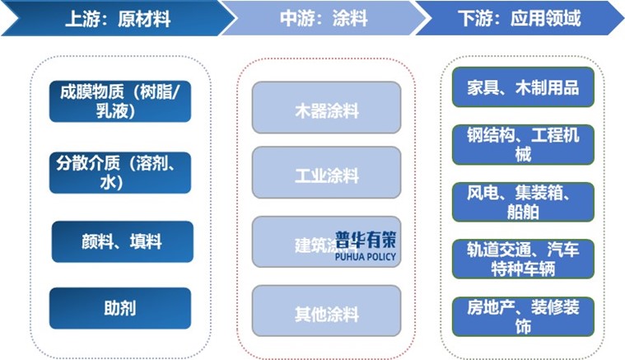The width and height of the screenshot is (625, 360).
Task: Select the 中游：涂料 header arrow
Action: point(325,18)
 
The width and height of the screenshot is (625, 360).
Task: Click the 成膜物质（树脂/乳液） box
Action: point(120,101)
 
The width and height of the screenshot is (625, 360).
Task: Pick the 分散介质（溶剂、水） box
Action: point(120,171)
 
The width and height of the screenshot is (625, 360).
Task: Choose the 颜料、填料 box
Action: point(122,241)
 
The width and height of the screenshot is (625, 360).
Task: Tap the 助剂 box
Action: point(120,308)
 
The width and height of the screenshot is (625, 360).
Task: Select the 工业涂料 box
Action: point(326,175)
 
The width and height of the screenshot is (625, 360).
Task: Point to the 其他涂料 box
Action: point(326,313)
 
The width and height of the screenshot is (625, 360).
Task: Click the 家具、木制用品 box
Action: point(523,87)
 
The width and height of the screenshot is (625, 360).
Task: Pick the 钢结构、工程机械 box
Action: point(523,144)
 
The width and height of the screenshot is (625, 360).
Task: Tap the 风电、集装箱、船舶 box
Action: point(523,202)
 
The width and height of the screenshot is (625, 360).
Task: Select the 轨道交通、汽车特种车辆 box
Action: point(523,259)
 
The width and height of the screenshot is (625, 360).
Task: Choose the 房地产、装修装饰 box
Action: point(523,316)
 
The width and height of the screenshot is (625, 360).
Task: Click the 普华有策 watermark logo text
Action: point(366,239)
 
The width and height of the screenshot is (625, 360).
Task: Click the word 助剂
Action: point(120,308)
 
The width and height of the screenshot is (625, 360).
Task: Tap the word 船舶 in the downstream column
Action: point(523,212)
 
